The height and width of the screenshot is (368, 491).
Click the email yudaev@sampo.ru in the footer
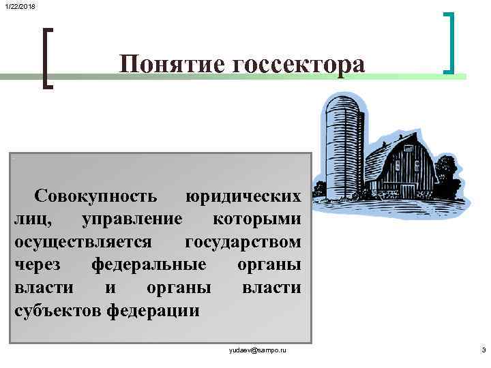(x=258, y=350)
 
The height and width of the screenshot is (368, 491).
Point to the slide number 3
(x=483, y=350)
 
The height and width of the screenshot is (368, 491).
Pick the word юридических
(x=243, y=196)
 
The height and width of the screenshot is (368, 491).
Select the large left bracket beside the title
(x=46, y=57)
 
